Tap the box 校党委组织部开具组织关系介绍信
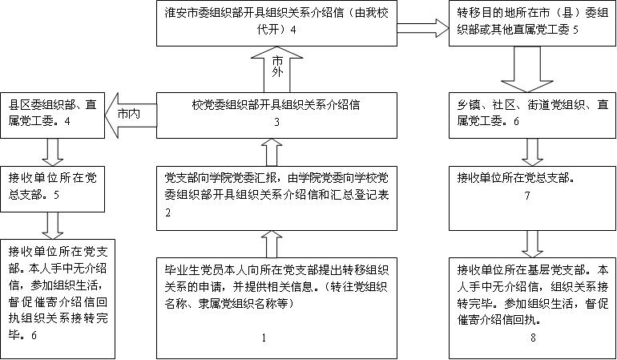[x=276, y=113]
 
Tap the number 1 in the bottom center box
[x=263, y=338]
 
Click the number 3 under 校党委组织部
[x=276, y=123]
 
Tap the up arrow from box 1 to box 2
[x=270, y=243]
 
